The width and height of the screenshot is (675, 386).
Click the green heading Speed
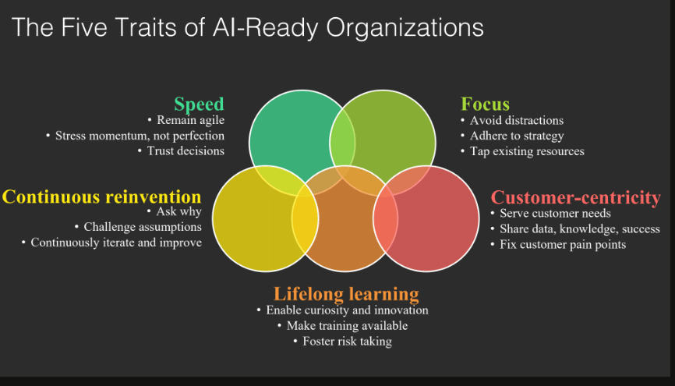[x=199, y=104]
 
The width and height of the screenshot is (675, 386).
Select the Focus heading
[x=485, y=104]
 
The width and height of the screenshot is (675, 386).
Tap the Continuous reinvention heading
[x=101, y=197]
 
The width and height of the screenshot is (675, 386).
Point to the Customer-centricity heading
[x=576, y=198]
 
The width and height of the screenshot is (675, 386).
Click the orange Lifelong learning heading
[x=346, y=294]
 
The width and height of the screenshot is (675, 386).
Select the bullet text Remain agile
[x=190, y=120]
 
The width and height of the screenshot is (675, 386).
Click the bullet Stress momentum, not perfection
[x=140, y=136]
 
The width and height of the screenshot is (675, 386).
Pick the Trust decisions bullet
[x=186, y=151]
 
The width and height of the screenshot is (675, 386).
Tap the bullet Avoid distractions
[x=517, y=120]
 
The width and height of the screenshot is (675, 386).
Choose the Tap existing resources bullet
[x=527, y=151]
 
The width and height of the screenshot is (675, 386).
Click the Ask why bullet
[x=178, y=211]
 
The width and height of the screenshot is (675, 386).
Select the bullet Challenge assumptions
[x=143, y=227]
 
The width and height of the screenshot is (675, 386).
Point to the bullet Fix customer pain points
[x=563, y=245]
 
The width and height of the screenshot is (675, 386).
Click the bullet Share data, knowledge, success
[x=579, y=228]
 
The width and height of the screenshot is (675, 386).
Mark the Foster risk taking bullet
[x=347, y=342]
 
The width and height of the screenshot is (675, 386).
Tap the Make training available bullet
[x=347, y=326]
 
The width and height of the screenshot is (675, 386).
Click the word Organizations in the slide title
[x=405, y=28]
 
